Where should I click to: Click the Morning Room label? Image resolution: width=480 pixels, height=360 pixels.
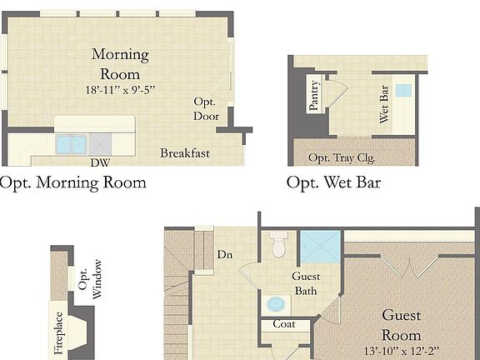click(x=120, y=64)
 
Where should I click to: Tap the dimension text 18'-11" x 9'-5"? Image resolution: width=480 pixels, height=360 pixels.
click(x=120, y=89)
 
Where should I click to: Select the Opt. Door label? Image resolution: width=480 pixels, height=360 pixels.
click(x=206, y=108)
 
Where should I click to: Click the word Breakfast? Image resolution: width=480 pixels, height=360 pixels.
click(x=185, y=153)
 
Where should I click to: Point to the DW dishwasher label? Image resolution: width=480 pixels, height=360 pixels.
click(x=100, y=162)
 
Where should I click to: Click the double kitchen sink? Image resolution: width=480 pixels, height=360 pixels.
click(x=72, y=143)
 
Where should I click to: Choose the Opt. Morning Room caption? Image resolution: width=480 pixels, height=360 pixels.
click(x=73, y=182)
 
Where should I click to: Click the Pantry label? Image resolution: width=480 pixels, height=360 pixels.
click(x=314, y=95)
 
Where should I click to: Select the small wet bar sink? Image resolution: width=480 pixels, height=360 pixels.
click(x=403, y=90)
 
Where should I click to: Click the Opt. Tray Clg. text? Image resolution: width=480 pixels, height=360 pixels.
click(x=342, y=157)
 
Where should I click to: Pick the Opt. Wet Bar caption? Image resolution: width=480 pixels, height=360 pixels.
click(x=333, y=182)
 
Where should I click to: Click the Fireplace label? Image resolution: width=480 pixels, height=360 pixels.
click(x=58, y=332)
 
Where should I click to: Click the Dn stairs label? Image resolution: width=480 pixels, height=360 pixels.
click(x=223, y=254)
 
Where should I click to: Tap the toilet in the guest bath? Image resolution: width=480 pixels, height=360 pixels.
click(x=279, y=244)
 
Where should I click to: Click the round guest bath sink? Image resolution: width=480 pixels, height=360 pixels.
click(x=276, y=302)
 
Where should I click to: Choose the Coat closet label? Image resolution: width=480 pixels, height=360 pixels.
click(x=284, y=324)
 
